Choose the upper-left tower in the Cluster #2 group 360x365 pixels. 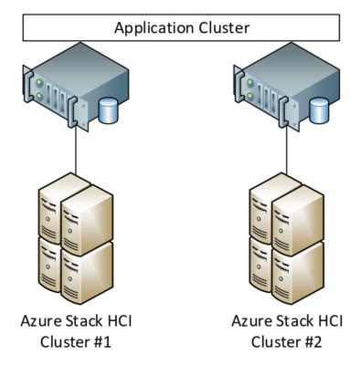(266, 214)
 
